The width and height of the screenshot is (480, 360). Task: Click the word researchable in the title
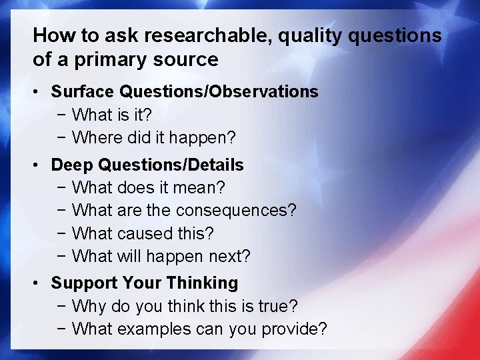(x=215, y=36)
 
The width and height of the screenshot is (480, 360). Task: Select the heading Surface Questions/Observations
(x=185, y=91)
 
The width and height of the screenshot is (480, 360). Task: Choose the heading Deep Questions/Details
(x=147, y=165)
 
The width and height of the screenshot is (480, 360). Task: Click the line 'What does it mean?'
(x=148, y=187)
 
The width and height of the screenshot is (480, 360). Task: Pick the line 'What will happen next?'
(x=161, y=256)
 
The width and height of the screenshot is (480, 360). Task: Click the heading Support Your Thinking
(x=145, y=283)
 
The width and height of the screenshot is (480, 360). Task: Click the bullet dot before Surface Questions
(x=40, y=92)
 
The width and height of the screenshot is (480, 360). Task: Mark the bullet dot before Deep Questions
(x=40, y=165)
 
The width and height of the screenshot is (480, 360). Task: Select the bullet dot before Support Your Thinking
(x=40, y=283)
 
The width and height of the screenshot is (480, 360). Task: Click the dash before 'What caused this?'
(x=61, y=234)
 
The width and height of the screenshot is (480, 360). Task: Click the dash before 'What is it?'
(x=61, y=115)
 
